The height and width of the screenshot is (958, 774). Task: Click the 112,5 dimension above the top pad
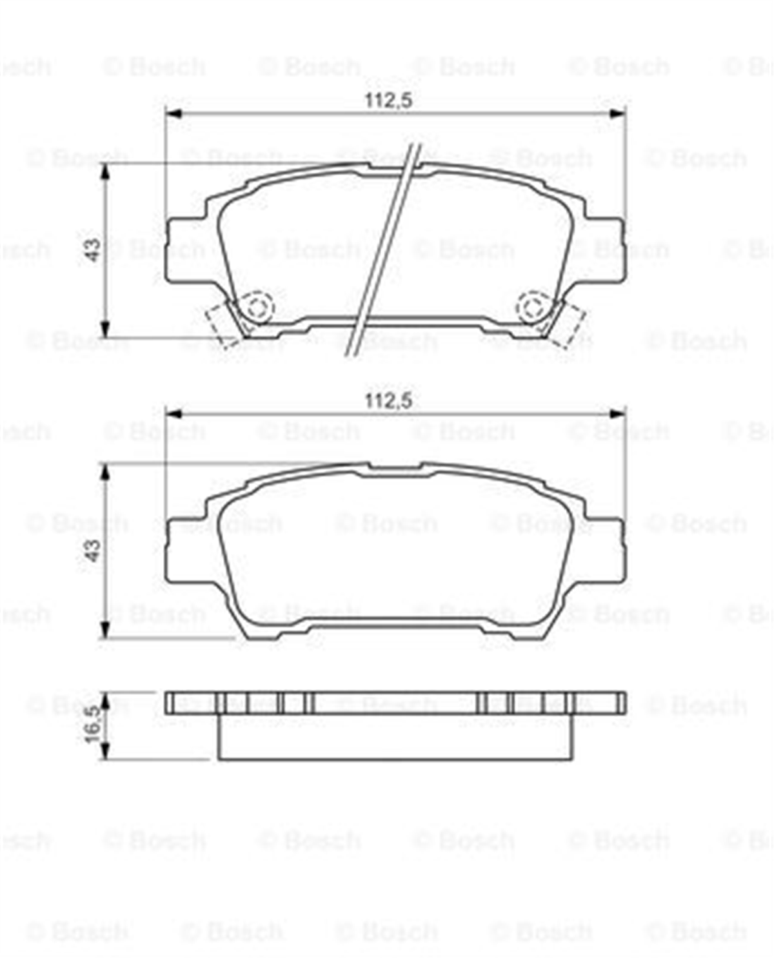pyautogui.click(x=388, y=101)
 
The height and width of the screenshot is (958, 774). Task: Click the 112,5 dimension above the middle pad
pyautogui.click(x=388, y=401)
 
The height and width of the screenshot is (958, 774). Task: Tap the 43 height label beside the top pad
pyautogui.click(x=93, y=250)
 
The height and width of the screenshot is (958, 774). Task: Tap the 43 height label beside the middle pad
pyautogui.click(x=93, y=550)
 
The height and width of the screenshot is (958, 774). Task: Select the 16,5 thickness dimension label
pyautogui.click(x=93, y=724)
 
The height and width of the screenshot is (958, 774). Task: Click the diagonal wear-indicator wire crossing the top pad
pyautogui.click(x=384, y=250)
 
